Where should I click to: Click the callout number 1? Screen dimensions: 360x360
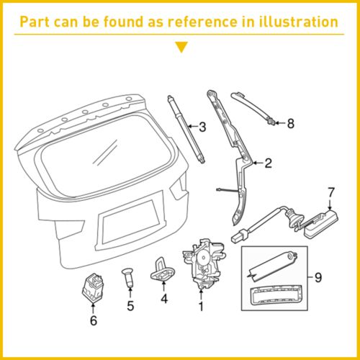click(201, 306)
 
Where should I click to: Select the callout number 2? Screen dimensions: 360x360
click(268, 163)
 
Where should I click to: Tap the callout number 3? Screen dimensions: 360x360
click(202, 127)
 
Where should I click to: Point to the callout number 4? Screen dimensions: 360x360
click(164, 297)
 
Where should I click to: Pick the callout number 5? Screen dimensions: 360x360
click(130, 306)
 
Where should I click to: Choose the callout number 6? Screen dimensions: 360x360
click(93, 320)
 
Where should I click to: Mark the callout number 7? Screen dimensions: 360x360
click(331, 192)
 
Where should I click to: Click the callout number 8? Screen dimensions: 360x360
click(290, 123)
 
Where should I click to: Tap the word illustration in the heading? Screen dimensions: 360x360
click(295, 22)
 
